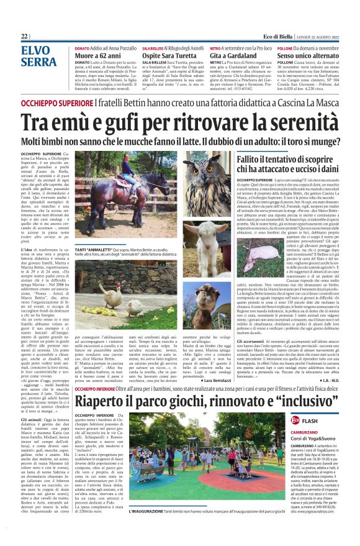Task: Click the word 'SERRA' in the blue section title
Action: [x=38, y=62]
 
